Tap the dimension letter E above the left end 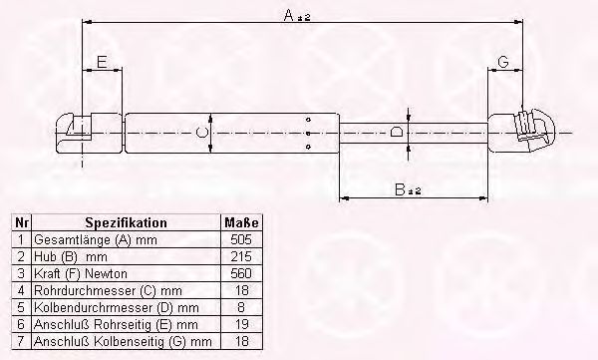pyautogui.click(x=102, y=62)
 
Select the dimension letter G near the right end pyautogui.click(x=503, y=62)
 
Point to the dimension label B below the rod pyautogui.click(x=408, y=189)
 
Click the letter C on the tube pyautogui.click(x=201, y=133)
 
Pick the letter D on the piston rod pyautogui.click(x=397, y=133)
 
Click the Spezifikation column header pyautogui.click(x=126, y=222)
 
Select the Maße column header pyautogui.click(x=241, y=222)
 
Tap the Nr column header pyautogui.click(x=21, y=222)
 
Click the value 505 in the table pyautogui.click(x=241, y=239)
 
